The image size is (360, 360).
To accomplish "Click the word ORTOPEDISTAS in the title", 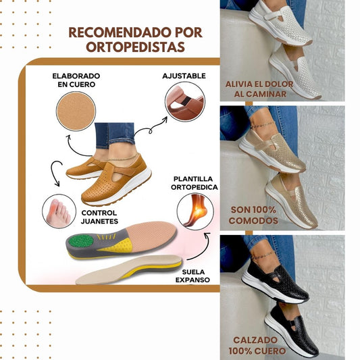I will pyautogui.click(x=134, y=47).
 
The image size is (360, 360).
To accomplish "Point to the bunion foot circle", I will pyautogui.click(x=59, y=211).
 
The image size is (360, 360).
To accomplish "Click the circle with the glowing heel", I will pyautogui.click(x=195, y=211).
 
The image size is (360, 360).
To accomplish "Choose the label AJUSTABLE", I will pyautogui.click(x=184, y=76).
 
